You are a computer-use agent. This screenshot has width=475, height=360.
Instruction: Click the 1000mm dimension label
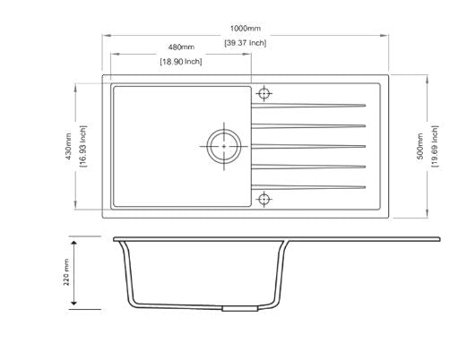point(244,28)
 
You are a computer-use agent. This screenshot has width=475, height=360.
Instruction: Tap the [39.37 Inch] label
point(244,42)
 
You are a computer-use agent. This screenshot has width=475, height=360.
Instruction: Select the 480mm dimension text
point(181,47)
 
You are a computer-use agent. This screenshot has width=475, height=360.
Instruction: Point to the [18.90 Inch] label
point(181,62)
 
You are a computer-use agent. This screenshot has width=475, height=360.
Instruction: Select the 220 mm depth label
point(66,274)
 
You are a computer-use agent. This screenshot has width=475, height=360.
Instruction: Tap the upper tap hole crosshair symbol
point(264,93)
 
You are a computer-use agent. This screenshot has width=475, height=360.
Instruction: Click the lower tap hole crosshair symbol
point(264,198)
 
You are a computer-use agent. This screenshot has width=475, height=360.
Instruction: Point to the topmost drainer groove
point(309,103)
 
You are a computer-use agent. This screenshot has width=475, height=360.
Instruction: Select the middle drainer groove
point(309,145)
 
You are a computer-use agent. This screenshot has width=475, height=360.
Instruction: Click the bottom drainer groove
point(309,187)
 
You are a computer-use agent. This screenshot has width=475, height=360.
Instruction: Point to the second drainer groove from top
point(309,124)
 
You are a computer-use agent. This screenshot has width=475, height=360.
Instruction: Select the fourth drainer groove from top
point(309,167)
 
